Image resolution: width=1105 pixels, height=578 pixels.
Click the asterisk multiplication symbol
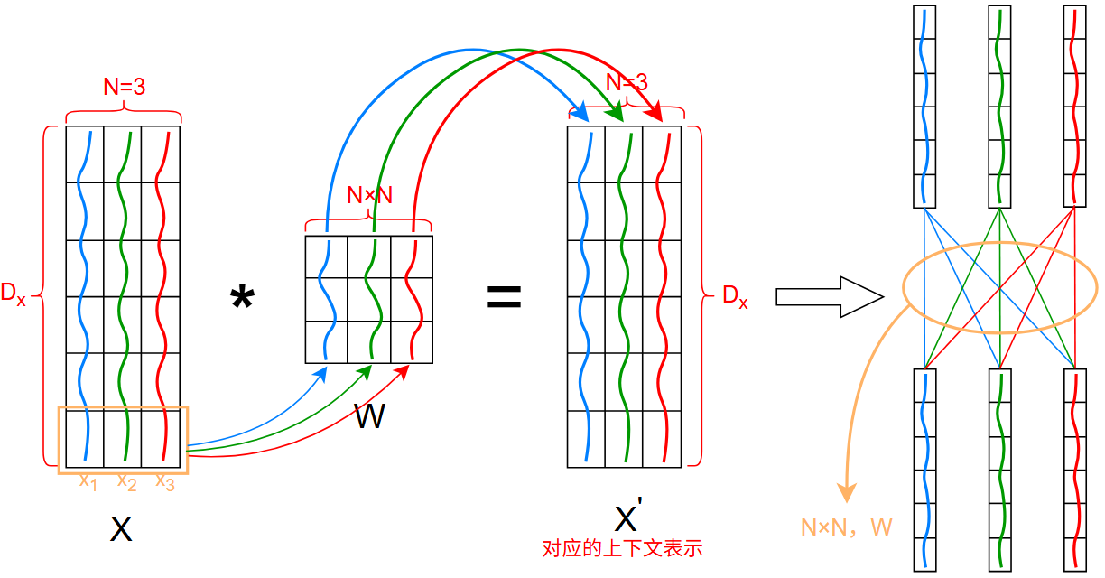(242, 299)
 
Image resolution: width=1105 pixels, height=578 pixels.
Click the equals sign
(505, 297)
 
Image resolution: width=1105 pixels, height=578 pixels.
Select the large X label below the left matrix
(120, 528)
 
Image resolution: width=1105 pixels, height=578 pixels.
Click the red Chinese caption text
(622, 548)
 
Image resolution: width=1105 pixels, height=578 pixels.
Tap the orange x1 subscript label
(88, 482)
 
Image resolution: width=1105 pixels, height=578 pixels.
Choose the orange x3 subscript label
(164, 482)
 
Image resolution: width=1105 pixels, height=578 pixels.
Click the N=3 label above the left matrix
(124, 87)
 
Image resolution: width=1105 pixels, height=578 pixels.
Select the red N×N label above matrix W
(369, 195)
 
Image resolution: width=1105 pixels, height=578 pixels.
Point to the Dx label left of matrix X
(14, 294)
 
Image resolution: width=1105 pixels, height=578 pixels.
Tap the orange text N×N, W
(846, 527)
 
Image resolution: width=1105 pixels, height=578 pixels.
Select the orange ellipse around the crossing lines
(999, 244)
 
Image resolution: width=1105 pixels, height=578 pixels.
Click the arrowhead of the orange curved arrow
(847, 492)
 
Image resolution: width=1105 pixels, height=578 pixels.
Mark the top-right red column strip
(1074, 107)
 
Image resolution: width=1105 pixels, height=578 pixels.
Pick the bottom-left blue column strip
(924, 470)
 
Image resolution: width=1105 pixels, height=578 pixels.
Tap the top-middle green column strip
(999, 107)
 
